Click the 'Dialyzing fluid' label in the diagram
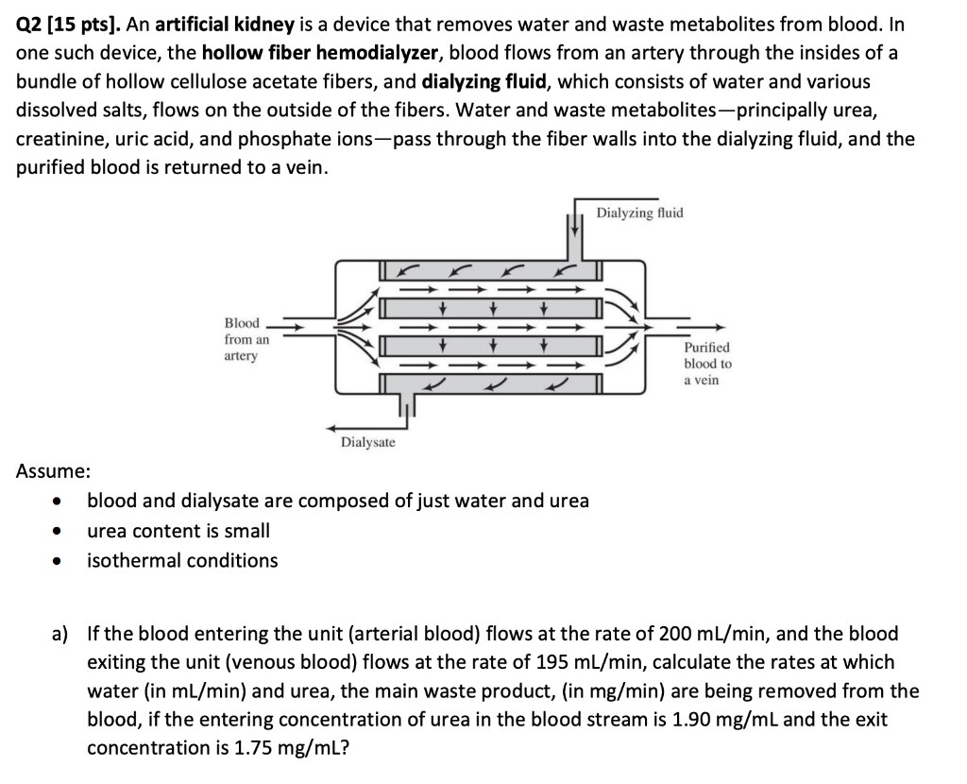coord(639,213)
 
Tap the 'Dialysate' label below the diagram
coord(368,442)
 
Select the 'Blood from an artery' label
coord(246,339)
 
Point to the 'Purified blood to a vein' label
coord(707,364)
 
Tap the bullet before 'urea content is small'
coord(59,532)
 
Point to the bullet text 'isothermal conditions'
coord(182,560)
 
